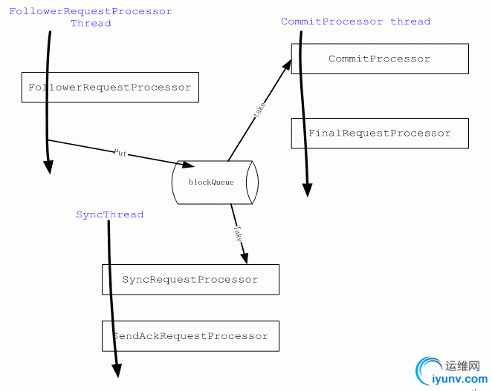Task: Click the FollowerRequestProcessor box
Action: click(110, 88)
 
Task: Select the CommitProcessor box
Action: click(380, 59)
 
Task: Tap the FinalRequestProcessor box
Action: click(380, 134)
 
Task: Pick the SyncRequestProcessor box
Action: click(190, 280)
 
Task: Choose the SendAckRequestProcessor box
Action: click(190, 336)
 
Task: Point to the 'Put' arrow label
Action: click(120, 152)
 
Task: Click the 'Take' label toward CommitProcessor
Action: click(259, 110)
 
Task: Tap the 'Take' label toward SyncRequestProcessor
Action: click(237, 234)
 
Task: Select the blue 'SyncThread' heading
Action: click(110, 214)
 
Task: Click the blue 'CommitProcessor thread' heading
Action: click(355, 22)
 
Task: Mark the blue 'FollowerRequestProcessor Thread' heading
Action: click(91, 17)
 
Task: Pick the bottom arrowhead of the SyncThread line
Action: click(117, 370)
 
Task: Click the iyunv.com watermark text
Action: click(461, 379)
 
